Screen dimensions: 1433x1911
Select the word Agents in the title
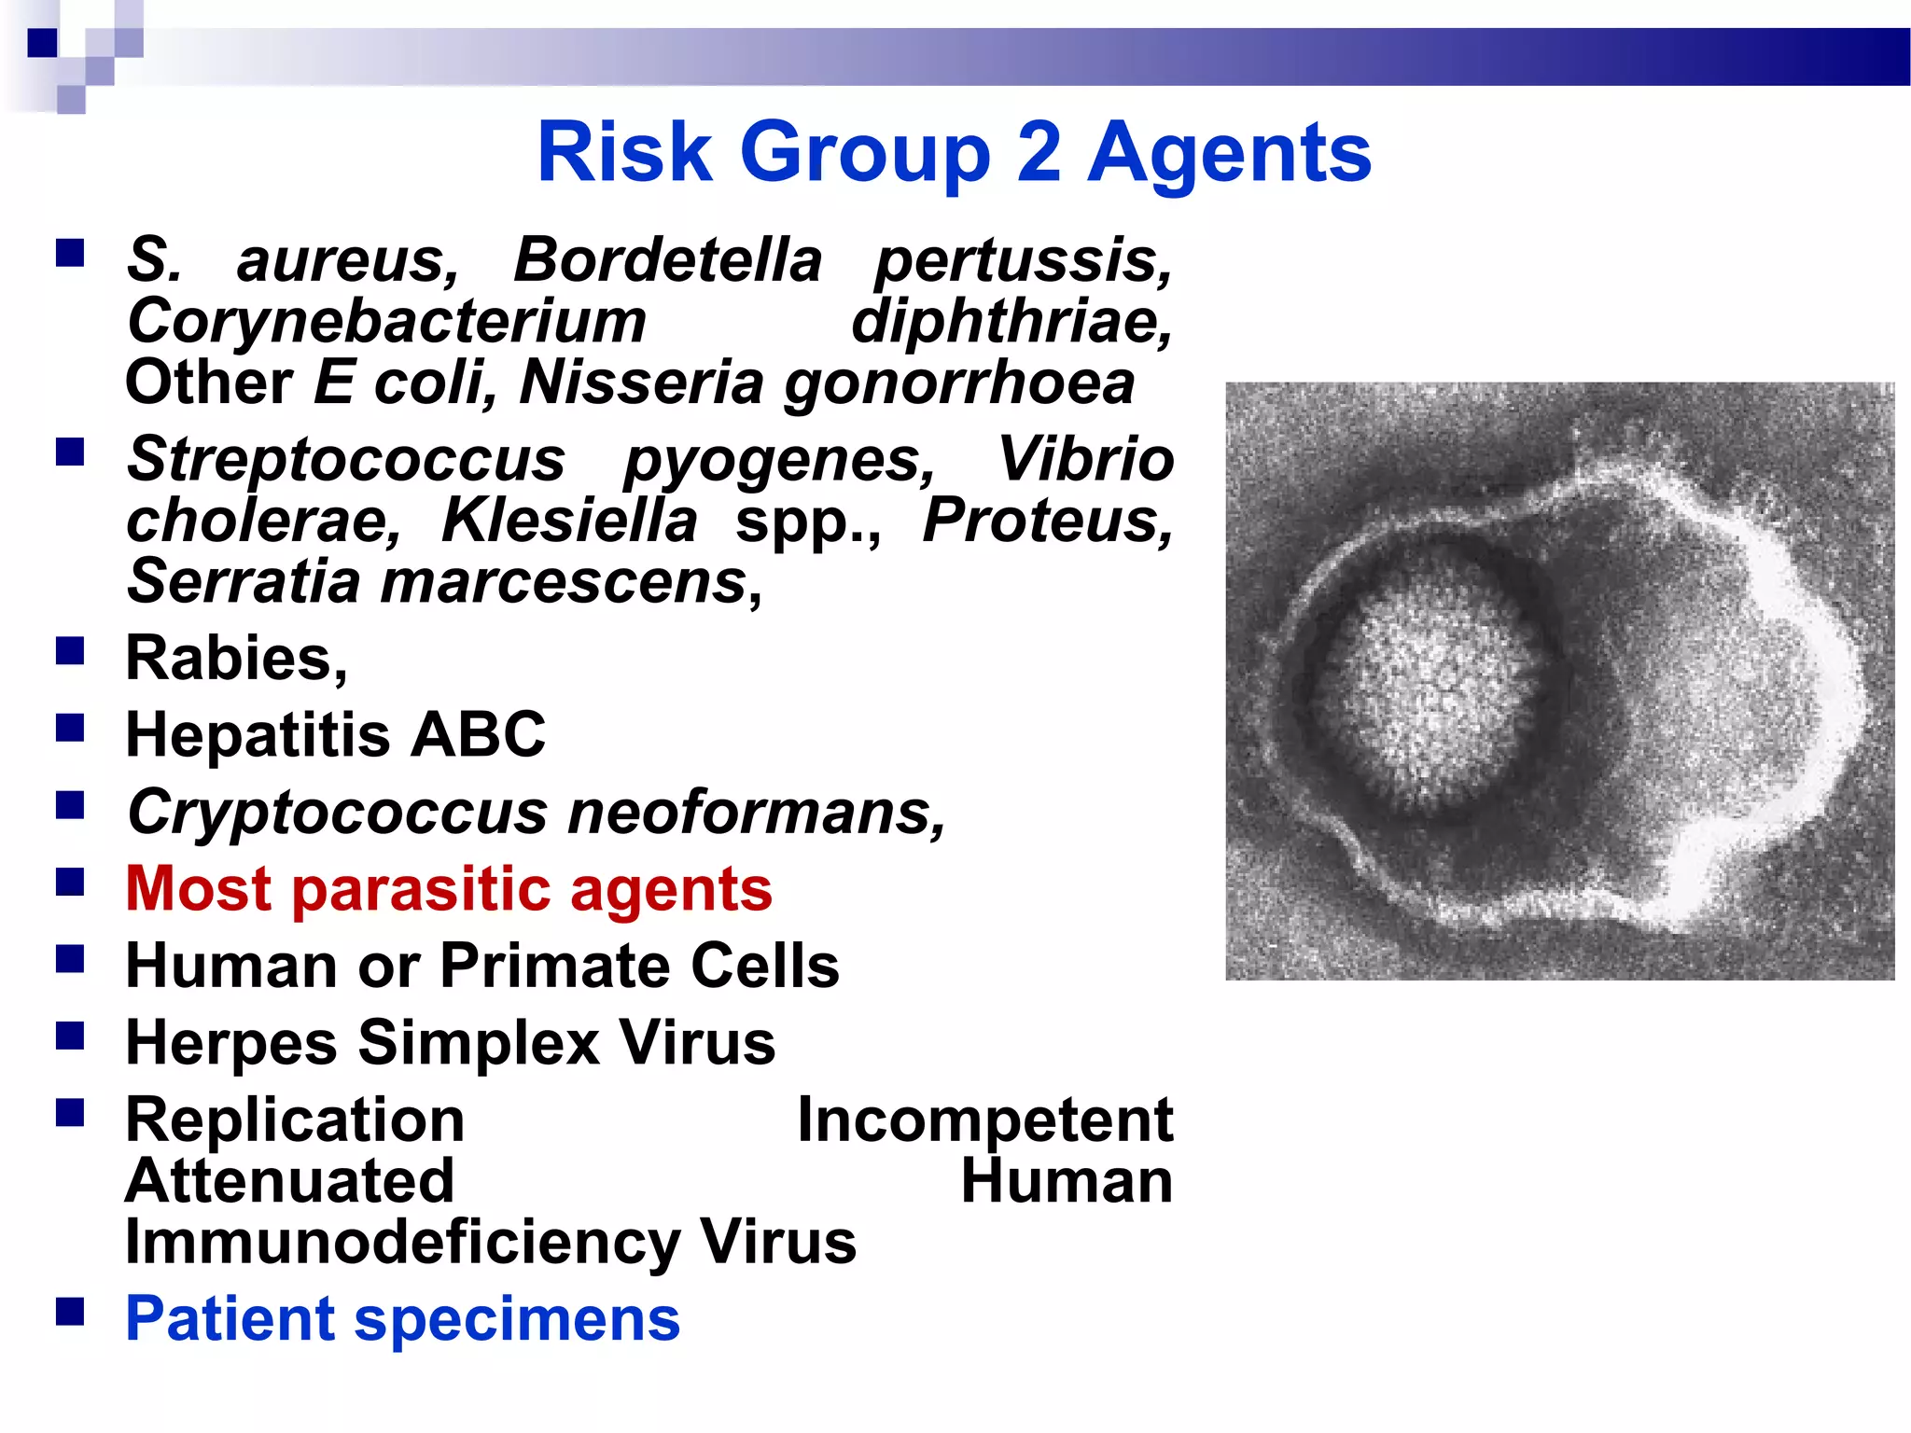point(1229,153)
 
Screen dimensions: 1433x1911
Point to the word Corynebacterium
point(386,322)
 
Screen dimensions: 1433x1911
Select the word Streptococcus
point(346,460)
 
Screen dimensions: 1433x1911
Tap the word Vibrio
point(1084,460)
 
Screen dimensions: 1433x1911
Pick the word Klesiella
point(568,521)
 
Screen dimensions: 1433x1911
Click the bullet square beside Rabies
point(70,650)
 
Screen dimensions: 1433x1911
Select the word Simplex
point(478,1043)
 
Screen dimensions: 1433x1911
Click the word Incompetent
point(984,1120)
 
